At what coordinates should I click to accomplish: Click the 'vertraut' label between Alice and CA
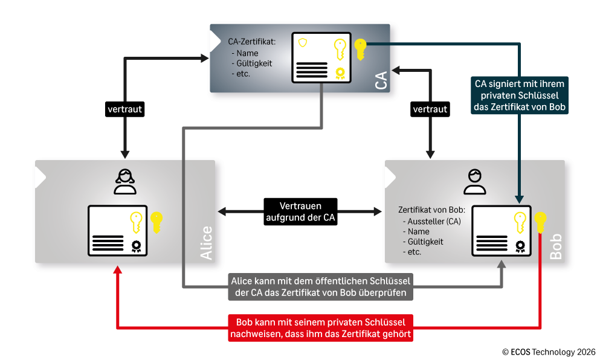(x=124, y=109)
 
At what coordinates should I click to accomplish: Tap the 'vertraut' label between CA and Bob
(x=430, y=109)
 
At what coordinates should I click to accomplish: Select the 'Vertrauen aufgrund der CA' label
(x=300, y=211)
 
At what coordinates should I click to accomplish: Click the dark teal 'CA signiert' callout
(x=519, y=95)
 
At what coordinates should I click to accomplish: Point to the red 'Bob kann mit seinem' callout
(x=321, y=328)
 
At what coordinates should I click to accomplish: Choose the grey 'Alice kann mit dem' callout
(x=321, y=286)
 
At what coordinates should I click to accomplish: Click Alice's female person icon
(x=125, y=182)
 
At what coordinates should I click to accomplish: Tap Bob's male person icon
(x=475, y=182)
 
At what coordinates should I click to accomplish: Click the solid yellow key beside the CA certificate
(x=361, y=50)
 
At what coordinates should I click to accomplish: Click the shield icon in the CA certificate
(x=303, y=42)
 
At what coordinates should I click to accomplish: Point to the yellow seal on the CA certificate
(x=340, y=73)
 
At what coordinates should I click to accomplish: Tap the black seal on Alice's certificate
(x=136, y=246)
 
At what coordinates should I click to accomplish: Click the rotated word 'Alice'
(x=206, y=243)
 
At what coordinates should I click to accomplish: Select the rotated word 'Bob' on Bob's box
(x=556, y=247)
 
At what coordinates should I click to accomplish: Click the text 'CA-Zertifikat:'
(x=252, y=42)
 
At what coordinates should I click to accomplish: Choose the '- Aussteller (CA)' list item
(x=432, y=221)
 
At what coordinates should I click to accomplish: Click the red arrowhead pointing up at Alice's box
(x=118, y=270)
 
